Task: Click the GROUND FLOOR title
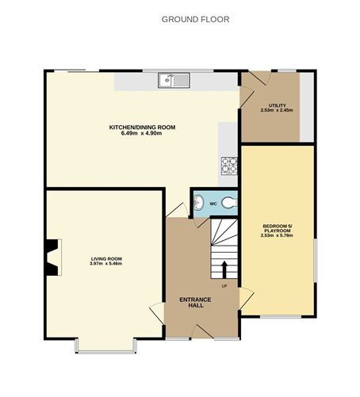click(195, 19)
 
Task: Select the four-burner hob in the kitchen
click(229, 165)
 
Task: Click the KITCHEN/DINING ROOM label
click(142, 127)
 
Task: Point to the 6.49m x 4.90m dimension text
click(142, 133)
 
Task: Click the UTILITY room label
click(277, 105)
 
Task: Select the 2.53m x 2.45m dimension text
click(277, 111)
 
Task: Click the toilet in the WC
click(230, 204)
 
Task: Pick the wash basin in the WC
click(197, 203)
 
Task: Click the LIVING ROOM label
click(105, 258)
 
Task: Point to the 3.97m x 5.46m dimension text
click(105, 264)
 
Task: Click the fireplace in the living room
click(52, 258)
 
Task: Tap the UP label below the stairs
click(224, 285)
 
